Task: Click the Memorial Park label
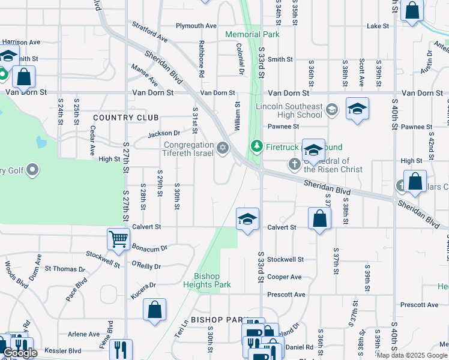click(252, 34)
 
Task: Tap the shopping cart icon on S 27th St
click(118, 239)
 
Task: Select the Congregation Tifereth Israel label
click(189, 149)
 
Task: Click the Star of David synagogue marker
click(223, 148)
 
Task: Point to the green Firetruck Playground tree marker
click(256, 146)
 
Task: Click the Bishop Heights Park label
click(206, 280)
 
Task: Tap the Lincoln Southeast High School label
click(289, 110)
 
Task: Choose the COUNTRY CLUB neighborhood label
click(126, 118)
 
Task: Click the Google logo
click(20, 353)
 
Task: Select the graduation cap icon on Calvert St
click(247, 219)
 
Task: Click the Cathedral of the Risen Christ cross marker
click(294, 163)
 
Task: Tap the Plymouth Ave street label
click(196, 26)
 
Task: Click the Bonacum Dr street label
click(149, 247)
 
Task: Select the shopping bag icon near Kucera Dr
click(154, 310)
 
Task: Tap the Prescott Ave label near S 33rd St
click(286, 295)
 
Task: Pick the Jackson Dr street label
click(164, 133)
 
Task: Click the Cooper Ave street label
click(285, 277)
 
